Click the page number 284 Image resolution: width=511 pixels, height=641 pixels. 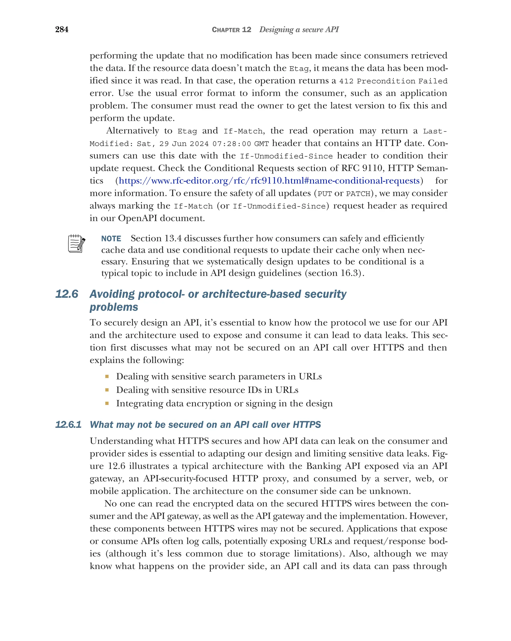pos(62,29)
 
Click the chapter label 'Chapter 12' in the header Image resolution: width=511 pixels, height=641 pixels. pos(231,30)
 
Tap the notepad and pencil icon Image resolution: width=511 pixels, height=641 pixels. pos(76,244)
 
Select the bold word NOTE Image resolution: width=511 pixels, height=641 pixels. pos(111,239)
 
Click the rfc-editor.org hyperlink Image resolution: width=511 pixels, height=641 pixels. pos(269,181)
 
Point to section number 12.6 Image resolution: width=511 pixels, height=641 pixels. pos(67,294)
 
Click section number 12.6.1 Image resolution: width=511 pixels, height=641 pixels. pos(68,425)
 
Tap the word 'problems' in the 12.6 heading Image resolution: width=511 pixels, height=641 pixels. pos(114,307)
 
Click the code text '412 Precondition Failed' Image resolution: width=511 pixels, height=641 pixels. pos(393,81)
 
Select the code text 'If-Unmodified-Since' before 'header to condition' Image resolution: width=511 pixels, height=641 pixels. pos(286,156)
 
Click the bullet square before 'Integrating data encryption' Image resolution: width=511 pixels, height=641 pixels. pos(107,404)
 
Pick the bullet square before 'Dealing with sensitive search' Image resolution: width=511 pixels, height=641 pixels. pos(107,377)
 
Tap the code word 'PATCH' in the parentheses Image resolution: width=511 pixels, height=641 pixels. pos(358,194)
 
